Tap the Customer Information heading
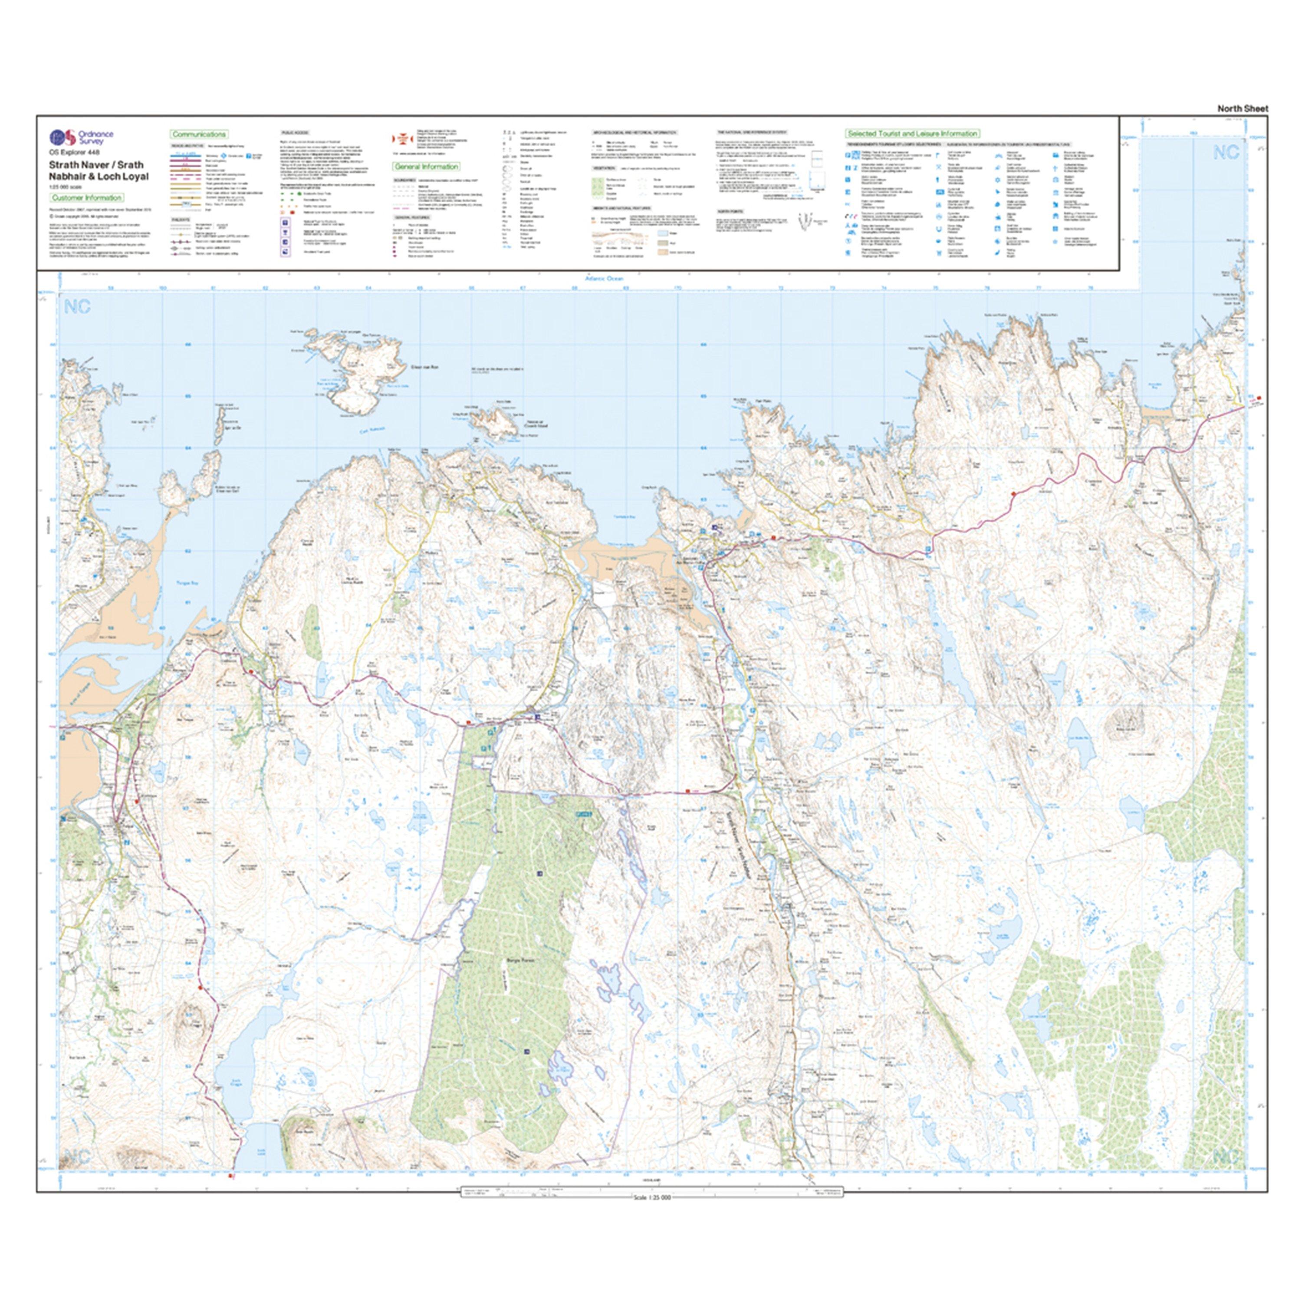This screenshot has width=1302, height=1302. [x=86, y=197]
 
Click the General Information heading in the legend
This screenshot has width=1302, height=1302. [x=426, y=167]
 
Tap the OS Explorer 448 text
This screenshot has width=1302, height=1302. [x=74, y=153]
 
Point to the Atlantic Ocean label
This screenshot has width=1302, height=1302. [x=605, y=278]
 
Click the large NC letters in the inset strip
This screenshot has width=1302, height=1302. [x=1226, y=152]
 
